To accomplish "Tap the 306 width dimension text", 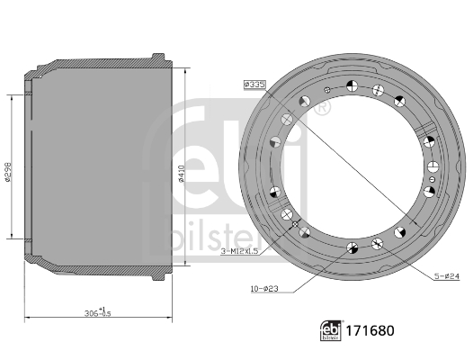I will pos(96,312).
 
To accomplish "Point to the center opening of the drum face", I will pos(354,171).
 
